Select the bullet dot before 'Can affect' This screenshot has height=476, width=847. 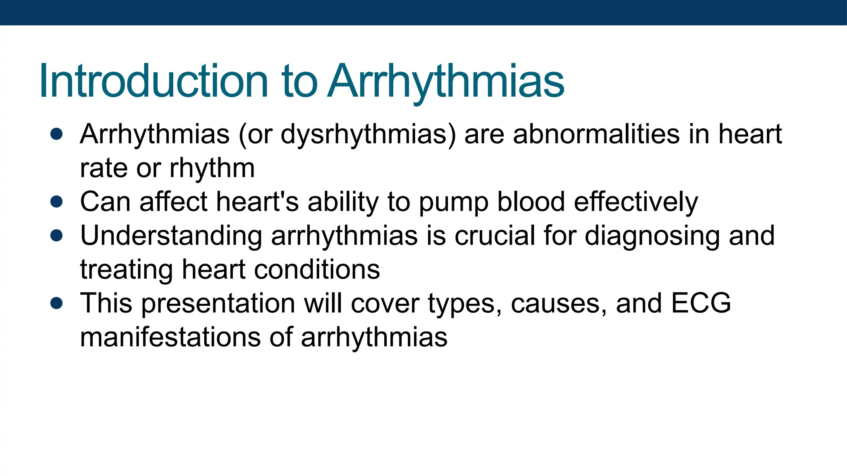(56, 202)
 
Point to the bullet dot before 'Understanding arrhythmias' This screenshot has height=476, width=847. (56, 236)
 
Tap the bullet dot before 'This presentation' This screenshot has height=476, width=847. (56, 303)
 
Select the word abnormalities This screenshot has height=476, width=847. (596, 135)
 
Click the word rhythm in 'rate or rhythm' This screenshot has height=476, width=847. (212, 169)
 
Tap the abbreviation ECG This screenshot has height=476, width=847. (701, 303)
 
